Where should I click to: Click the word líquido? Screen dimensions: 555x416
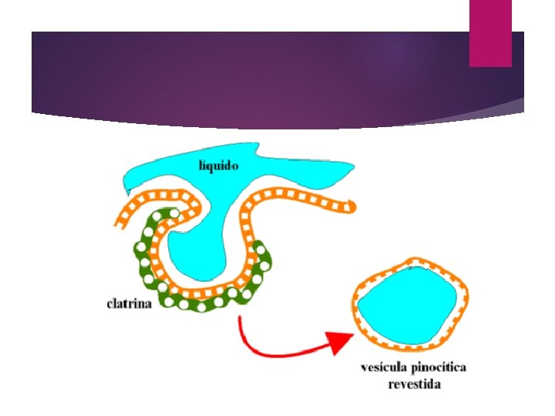[x=219, y=165]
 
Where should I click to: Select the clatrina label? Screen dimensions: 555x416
[x=129, y=303]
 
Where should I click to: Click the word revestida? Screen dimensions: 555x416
[x=414, y=384]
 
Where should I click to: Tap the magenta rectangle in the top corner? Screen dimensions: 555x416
[x=490, y=32]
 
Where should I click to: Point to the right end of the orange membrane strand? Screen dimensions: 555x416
[x=351, y=206]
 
